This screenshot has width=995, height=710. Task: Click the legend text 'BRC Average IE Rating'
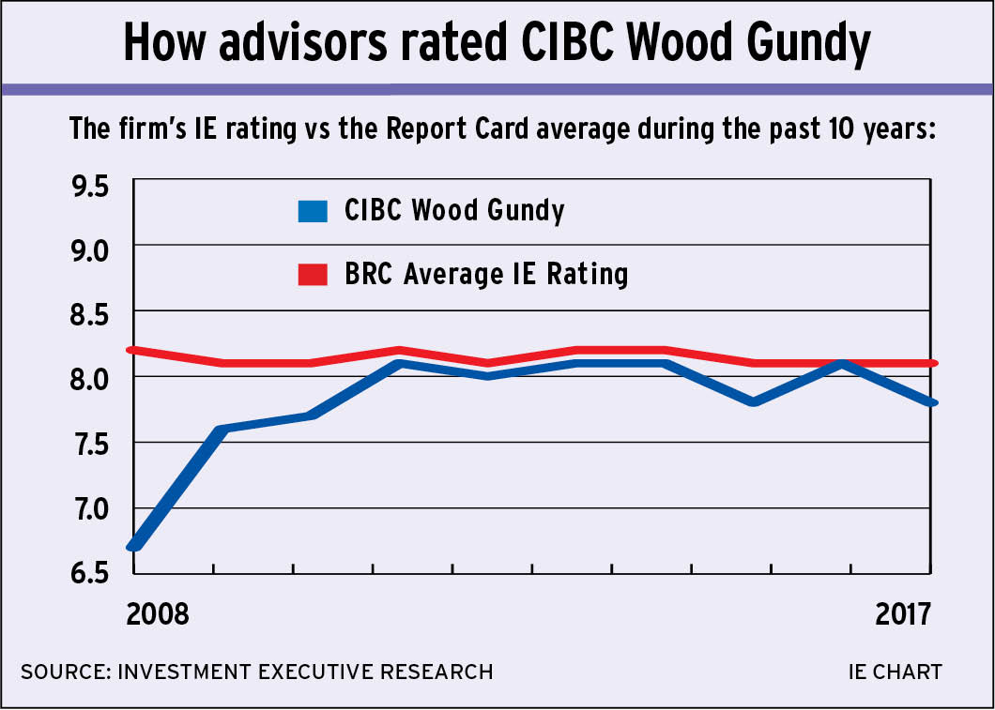[485, 275]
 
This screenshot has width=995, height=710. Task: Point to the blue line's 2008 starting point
[135, 544]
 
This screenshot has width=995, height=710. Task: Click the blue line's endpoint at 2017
[930, 402]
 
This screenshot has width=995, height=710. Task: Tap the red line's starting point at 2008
[135, 350]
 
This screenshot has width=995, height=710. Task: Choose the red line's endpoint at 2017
[930, 363]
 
